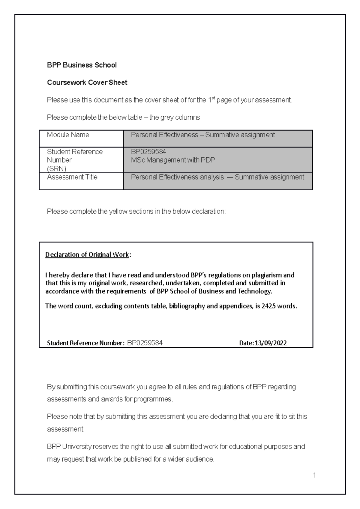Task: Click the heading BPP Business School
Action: click(x=82, y=65)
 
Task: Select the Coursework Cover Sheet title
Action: click(x=87, y=82)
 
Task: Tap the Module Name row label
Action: click(x=68, y=135)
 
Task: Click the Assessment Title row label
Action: click(x=72, y=177)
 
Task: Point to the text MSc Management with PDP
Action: click(x=173, y=160)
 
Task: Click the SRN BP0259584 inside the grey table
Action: click(x=148, y=152)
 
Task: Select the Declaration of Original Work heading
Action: click(x=87, y=255)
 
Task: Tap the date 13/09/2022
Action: click(x=271, y=343)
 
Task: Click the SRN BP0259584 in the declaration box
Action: click(x=145, y=343)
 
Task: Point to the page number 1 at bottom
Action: click(x=314, y=475)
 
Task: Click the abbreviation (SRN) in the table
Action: click(x=56, y=168)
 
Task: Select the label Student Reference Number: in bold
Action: click(x=85, y=343)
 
